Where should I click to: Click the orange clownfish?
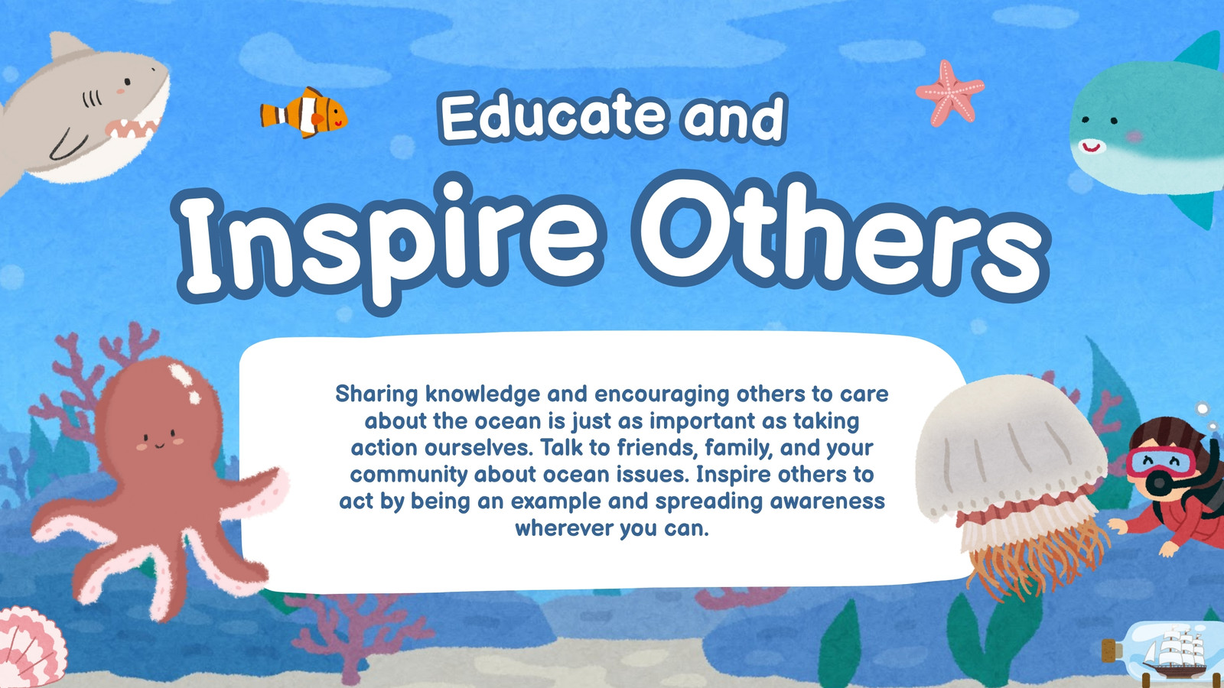pyautogui.click(x=304, y=112)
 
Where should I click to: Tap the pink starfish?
pyautogui.click(x=950, y=93)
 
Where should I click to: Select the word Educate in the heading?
pyautogui.click(x=554, y=117)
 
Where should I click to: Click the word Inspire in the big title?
pyautogui.click(x=391, y=244)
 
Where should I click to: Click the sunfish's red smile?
pyautogui.click(x=1092, y=146)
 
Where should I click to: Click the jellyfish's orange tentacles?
pyautogui.click(x=1027, y=563)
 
